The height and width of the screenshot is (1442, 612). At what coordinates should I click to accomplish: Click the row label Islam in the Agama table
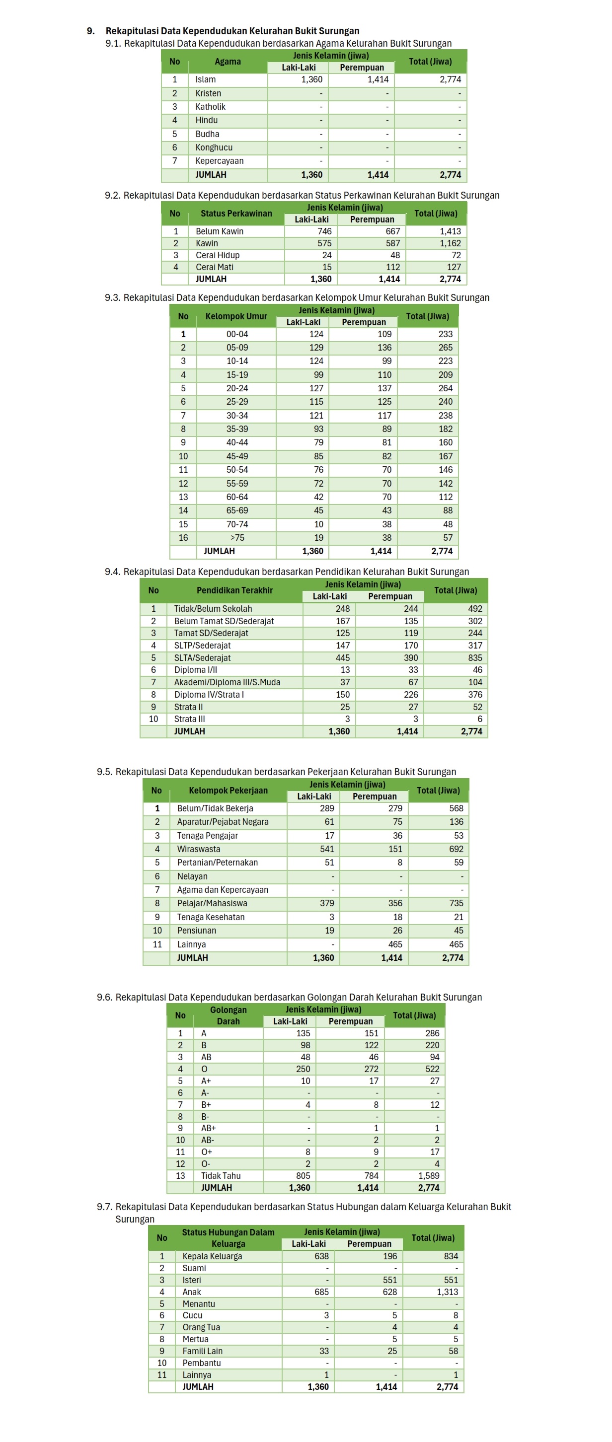(x=206, y=79)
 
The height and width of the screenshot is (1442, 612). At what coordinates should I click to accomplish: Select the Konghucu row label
(x=214, y=147)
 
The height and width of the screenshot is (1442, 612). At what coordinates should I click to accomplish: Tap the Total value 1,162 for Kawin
(x=450, y=243)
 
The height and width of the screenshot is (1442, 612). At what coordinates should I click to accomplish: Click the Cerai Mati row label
(x=215, y=267)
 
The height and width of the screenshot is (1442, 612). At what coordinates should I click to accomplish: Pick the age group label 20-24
(x=237, y=388)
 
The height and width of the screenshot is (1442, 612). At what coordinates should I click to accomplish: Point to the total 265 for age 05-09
(x=445, y=347)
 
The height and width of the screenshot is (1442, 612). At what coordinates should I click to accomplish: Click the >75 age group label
(x=237, y=537)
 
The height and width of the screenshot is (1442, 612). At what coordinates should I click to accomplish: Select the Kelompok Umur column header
(x=236, y=316)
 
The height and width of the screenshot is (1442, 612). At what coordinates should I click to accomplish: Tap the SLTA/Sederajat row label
(x=202, y=658)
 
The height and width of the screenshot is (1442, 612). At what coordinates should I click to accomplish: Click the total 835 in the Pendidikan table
(x=475, y=658)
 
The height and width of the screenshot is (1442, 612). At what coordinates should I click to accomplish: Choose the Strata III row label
(x=189, y=719)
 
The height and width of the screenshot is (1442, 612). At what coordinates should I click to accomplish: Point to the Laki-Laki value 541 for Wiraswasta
(x=327, y=849)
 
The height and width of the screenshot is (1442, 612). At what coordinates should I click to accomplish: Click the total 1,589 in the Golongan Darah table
(x=428, y=1175)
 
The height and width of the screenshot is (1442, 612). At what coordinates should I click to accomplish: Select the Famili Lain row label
(x=202, y=1351)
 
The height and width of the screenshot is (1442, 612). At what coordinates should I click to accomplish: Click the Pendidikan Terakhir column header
(x=234, y=590)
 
